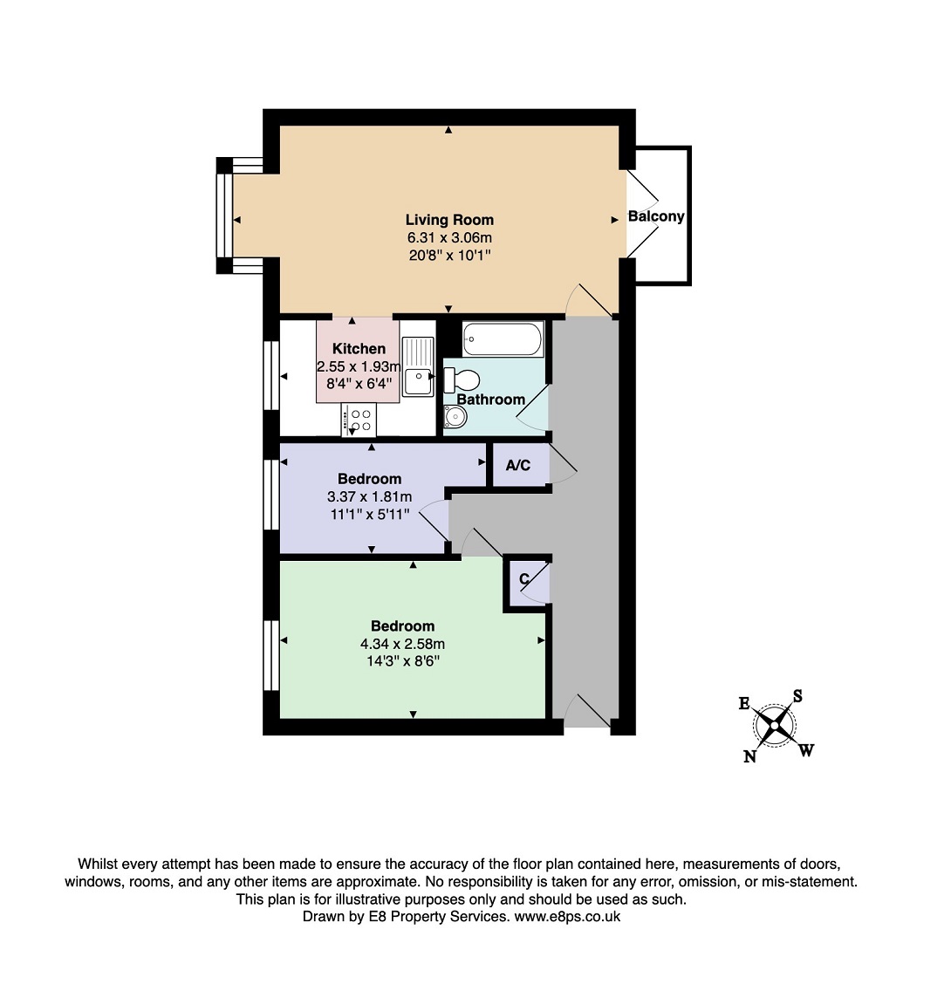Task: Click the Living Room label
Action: (x=449, y=220)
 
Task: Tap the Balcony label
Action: (x=656, y=216)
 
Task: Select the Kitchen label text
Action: (x=359, y=348)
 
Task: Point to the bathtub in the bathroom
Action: (x=503, y=338)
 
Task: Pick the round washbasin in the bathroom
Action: (x=455, y=416)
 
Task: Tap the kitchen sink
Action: (x=418, y=366)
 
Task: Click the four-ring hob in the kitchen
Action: (x=359, y=420)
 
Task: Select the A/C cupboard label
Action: (x=518, y=466)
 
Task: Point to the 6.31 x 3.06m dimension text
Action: (x=449, y=237)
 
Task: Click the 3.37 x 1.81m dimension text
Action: (x=370, y=496)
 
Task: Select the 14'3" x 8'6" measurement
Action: (x=402, y=661)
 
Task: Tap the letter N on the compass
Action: (x=750, y=755)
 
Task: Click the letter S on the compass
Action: (x=797, y=696)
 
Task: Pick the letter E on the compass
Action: (x=744, y=703)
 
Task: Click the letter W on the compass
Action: (x=806, y=750)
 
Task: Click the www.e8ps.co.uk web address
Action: (x=567, y=917)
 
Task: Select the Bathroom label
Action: (x=491, y=400)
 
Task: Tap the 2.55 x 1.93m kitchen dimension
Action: (x=359, y=366)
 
